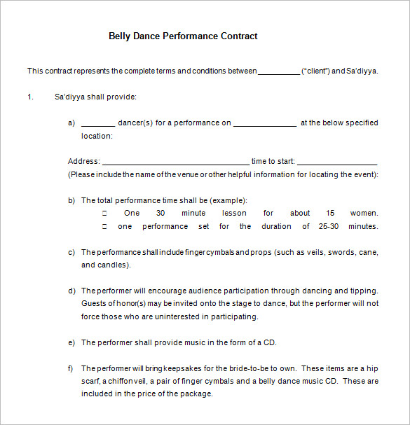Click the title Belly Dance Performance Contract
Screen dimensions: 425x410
183,36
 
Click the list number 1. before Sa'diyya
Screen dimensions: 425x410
30,97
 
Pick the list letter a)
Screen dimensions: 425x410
71,123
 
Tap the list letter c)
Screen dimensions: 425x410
71,252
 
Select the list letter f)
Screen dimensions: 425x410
71,368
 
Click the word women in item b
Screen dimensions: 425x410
363,213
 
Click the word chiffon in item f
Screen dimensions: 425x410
130,381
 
